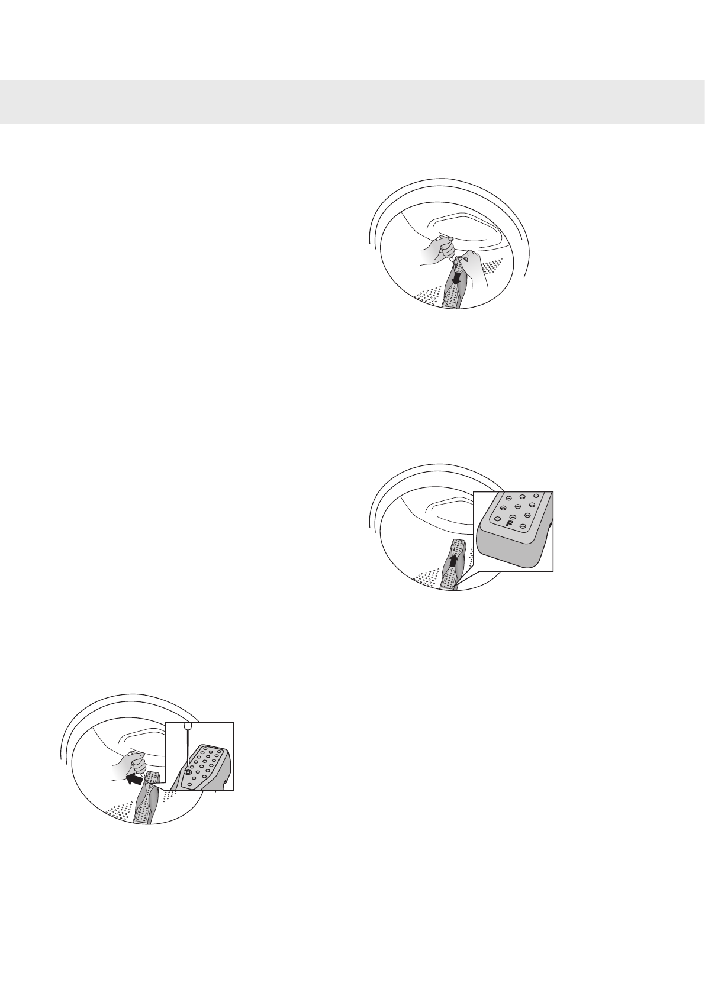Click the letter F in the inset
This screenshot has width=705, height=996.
pos(510,523)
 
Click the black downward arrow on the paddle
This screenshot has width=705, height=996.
pos(456,276)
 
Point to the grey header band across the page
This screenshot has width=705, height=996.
pos(352,102)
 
